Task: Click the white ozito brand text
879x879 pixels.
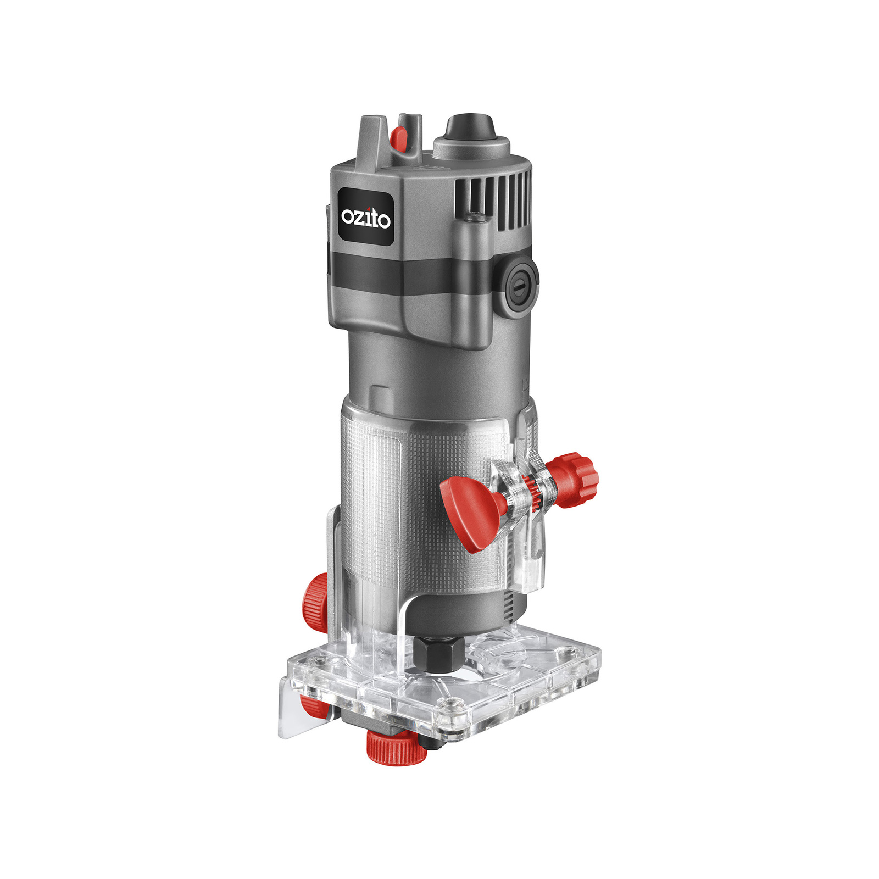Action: (366, 218)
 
